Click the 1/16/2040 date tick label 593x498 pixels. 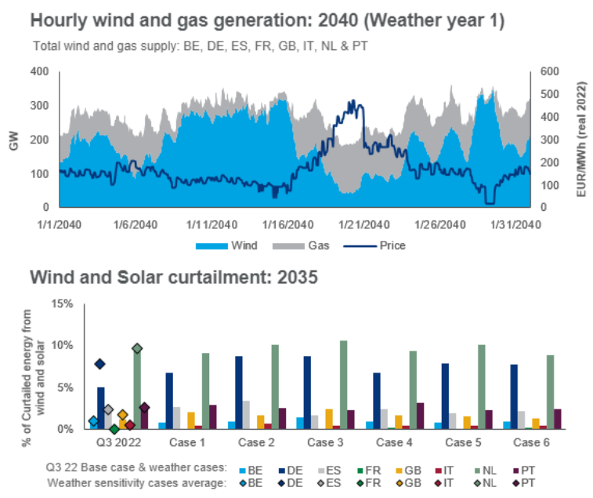(x=288, y=224)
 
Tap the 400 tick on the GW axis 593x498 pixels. (x=41, y=71)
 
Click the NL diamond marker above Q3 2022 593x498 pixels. (x=137, y=348)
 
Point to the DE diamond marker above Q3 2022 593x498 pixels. (x=99, y=364)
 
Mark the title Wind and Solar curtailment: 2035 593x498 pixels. (x=173, y=278)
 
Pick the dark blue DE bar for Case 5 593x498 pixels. (x=444, y=396)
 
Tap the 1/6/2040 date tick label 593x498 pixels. (x=138, y=224)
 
